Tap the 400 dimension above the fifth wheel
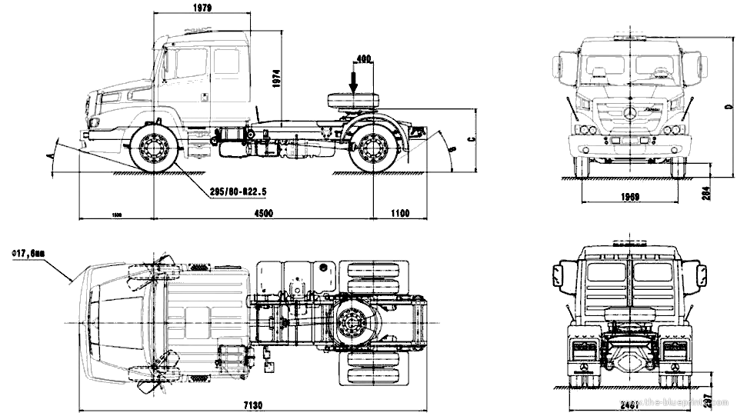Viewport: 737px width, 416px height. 364,58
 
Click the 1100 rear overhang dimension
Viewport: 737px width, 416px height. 399,213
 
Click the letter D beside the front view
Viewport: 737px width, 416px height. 726,108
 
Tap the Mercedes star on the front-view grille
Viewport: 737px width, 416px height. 629,115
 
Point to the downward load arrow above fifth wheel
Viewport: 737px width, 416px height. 353,80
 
